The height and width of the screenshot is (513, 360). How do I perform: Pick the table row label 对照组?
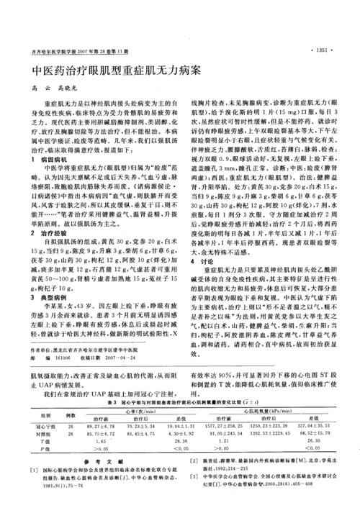(x=43, y=435)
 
